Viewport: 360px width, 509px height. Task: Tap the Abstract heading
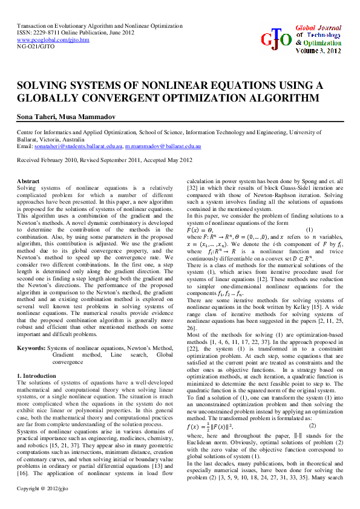tap(28, 181)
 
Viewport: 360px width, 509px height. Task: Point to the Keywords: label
tap(31, 348)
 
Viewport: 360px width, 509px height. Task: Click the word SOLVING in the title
tap(44, 85)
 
